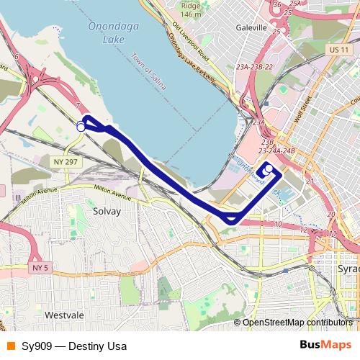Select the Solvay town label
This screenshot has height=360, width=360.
click(107, 212)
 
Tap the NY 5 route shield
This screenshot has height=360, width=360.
click(40, 268)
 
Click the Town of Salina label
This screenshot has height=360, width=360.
click(149, 70)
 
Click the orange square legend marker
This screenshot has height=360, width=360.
click(10, 346)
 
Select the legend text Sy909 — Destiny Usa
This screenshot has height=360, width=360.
click(69, 346)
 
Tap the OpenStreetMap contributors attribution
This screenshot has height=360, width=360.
click(297, 323)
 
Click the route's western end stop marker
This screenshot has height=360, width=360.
click(81, 127)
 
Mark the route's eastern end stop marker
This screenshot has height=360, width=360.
click(269, 169)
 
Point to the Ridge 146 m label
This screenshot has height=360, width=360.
click(191, 10)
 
